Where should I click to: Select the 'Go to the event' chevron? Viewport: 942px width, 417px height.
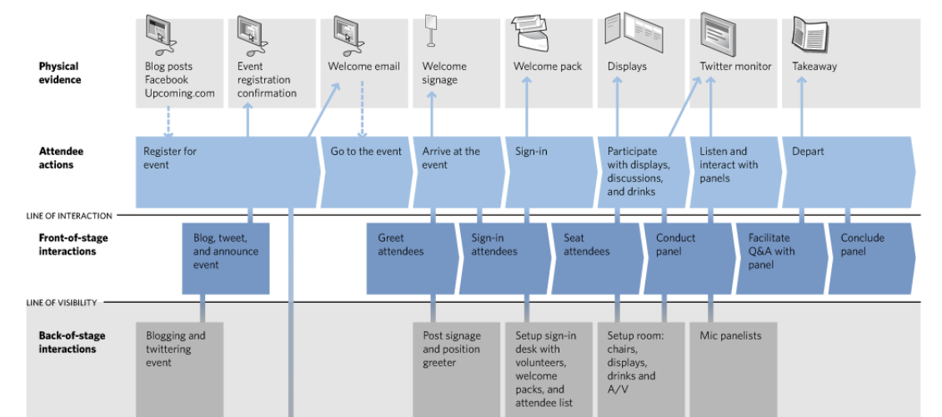pos(367,172)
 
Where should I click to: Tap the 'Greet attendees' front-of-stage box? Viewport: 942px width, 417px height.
pos(412,259)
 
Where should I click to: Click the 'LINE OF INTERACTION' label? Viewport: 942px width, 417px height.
pos(69,216)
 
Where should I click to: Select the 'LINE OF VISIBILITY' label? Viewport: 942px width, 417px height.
pos(62,303)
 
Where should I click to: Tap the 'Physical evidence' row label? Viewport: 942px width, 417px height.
pos(60,73)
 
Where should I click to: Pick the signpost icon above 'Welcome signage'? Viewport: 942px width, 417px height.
pos(431,31)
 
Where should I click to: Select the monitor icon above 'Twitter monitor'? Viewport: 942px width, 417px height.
pos(718,33)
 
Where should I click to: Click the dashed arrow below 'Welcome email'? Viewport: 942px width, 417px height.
pos(363,108)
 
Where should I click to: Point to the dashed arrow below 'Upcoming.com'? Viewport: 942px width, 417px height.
pos(168,122)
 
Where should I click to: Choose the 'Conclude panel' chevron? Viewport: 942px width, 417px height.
pos(872,259)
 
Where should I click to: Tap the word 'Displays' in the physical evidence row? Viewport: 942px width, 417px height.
pos(627,67)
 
